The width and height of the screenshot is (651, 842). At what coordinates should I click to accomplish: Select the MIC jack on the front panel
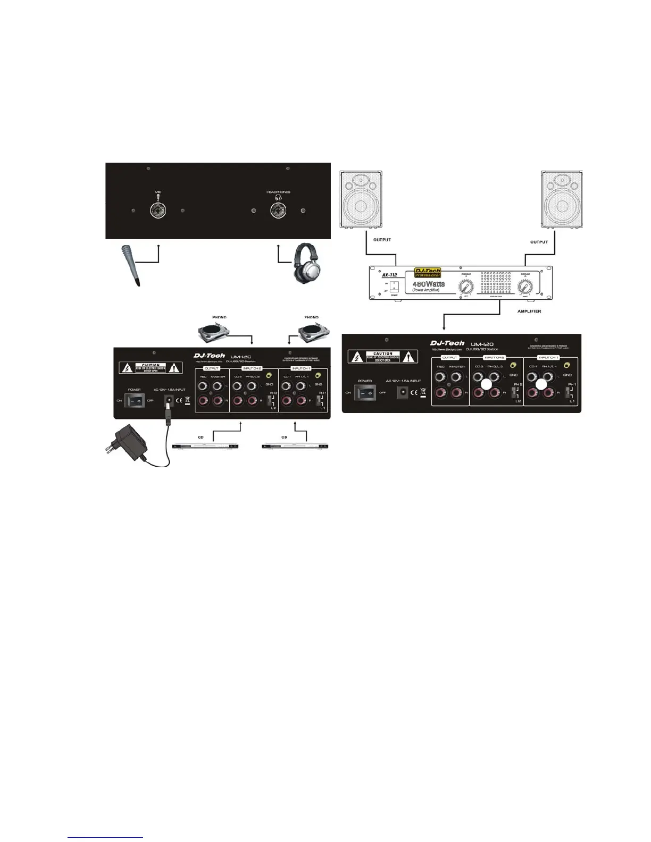tap(158, 210)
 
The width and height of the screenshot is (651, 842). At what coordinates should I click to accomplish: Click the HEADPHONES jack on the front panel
tap(278, 210)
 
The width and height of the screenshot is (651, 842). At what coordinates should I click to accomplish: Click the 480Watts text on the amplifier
tap(429, 284)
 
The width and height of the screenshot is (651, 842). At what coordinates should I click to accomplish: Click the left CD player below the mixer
tap(205, 445)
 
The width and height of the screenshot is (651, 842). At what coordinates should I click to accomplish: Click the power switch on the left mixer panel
tap(133, 400)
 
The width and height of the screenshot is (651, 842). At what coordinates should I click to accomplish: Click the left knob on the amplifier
tap(466, 289)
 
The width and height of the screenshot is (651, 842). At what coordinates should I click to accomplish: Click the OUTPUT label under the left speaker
tap(382, 240)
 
